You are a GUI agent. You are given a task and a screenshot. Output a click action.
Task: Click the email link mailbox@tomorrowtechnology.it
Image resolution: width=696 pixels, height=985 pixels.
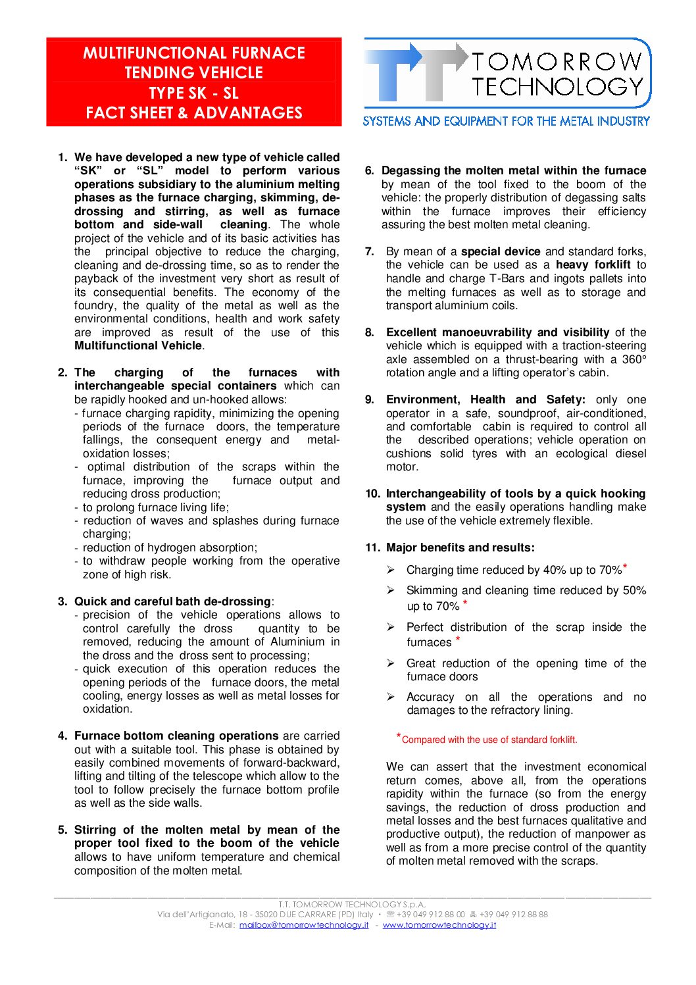coord(304,924)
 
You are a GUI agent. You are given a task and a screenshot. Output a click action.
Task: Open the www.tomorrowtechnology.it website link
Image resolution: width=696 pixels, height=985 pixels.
coord(439,924)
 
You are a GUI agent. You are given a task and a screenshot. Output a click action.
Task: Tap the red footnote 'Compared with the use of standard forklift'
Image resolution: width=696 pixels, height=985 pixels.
coord(489,740)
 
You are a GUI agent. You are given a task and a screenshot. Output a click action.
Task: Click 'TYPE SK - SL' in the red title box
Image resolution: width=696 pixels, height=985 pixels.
coord(193,93)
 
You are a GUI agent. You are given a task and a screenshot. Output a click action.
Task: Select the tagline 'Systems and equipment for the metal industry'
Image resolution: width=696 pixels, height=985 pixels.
coord(506,121)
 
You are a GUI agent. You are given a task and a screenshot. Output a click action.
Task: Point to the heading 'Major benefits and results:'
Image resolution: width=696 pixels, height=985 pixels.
coord(460,547)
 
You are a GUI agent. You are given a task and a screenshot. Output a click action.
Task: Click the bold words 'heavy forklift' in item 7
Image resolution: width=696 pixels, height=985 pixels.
coord(593,265)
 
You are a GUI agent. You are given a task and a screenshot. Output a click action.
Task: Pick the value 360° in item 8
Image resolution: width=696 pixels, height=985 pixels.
coord(634,359)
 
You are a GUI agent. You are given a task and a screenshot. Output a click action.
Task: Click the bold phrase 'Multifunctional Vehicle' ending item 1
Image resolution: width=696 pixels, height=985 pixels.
coord(137,345)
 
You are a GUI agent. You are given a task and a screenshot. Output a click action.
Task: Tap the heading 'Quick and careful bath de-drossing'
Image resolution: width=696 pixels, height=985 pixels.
coord(172,601)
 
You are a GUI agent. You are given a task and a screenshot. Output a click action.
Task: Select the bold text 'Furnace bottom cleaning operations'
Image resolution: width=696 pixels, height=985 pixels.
coord(176,736)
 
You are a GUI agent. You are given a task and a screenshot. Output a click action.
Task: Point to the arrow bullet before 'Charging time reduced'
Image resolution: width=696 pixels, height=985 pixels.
coord(391,570)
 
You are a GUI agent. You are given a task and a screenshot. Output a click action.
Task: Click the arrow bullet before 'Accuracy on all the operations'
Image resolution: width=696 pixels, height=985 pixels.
coord(391,697)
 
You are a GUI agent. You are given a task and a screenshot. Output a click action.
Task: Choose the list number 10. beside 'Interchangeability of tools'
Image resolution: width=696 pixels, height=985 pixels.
coord(372,493)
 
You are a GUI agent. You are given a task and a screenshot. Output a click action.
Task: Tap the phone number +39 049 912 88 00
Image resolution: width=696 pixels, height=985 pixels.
coord(430,914)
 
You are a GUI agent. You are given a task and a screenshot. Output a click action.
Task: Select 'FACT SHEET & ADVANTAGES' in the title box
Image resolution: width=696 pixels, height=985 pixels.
coord(193,113)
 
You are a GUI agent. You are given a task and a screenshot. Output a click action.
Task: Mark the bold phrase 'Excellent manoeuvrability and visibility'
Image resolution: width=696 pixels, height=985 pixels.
coord(497,332)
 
